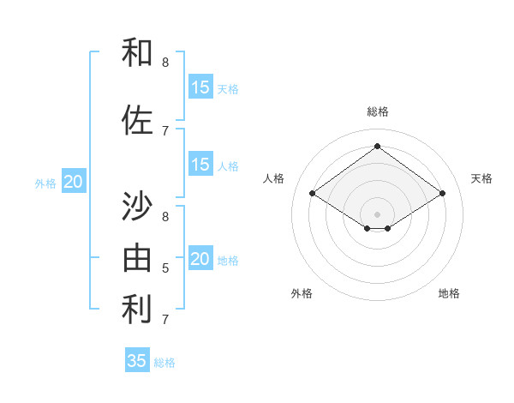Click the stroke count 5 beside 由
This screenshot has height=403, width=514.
tap(165, 268)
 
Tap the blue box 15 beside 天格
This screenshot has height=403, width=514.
tap(200, 87)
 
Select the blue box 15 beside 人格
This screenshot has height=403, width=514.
tap(200, 165)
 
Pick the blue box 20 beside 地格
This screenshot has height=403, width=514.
tap(200, 259)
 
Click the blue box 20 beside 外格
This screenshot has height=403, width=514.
tap(74, 182)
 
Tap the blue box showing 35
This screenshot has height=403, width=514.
tap(137, 361)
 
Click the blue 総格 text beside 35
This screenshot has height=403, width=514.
tap(164, 363)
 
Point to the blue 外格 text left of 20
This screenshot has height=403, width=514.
tap(45, 183)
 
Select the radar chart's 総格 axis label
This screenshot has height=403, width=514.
tap(377, 111)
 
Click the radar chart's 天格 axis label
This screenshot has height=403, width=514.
tap(481, 178)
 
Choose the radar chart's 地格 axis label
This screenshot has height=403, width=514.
tap(449, 293)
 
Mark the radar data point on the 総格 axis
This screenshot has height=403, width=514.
tap(377, 147)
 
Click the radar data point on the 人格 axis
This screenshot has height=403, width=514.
tap(313, 194)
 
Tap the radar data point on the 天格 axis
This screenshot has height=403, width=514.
tap(442, 194)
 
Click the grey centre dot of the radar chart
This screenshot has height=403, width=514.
tap(377, 213)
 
